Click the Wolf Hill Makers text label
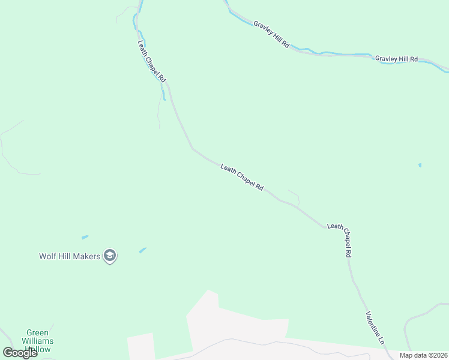coord(70,256)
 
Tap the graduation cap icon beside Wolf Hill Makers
coord(110,256)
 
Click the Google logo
coord(20,353)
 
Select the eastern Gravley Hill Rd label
coord(396,59)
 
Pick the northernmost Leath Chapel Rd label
coord(152,62)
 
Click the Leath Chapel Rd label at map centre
coord(242,178)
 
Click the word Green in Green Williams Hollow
coord(38,332)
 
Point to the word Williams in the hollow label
coord(40,341)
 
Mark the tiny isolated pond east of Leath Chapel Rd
coord(420,165)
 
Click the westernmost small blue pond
coord(85,237)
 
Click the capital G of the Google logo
coord(8,353)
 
